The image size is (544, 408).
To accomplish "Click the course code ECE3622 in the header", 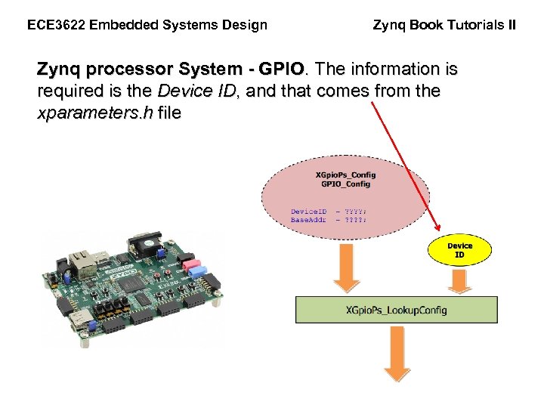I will coord(56,25).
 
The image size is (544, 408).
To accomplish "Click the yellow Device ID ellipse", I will coord(459,250).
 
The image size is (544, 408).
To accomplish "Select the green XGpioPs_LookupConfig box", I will coord(396,310).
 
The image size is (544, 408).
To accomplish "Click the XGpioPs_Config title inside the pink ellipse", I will coord(345,175).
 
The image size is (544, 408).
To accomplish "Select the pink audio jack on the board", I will coord(194,267).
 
